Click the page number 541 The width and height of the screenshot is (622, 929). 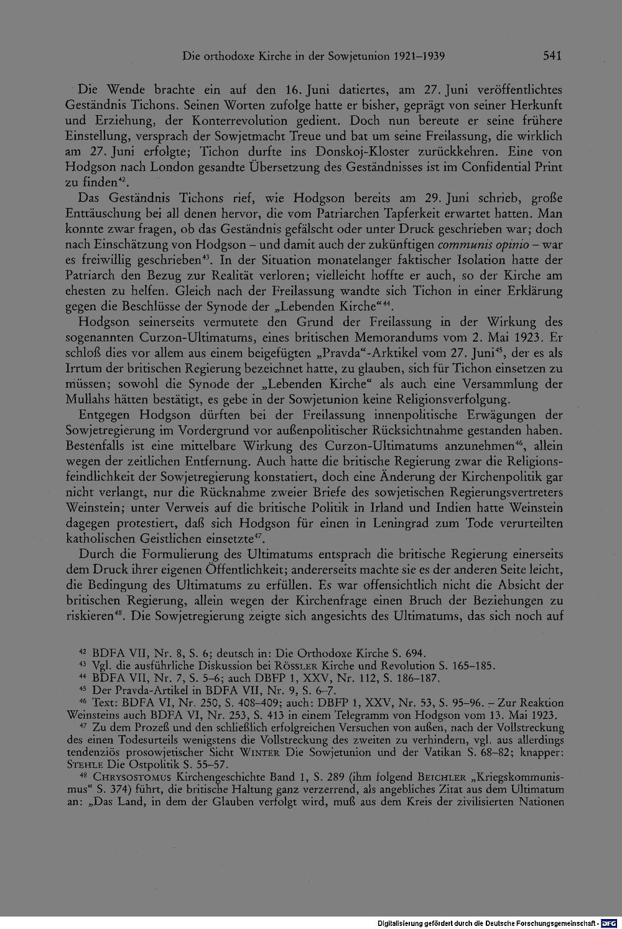pyautogui.click(x=552, y=56)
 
